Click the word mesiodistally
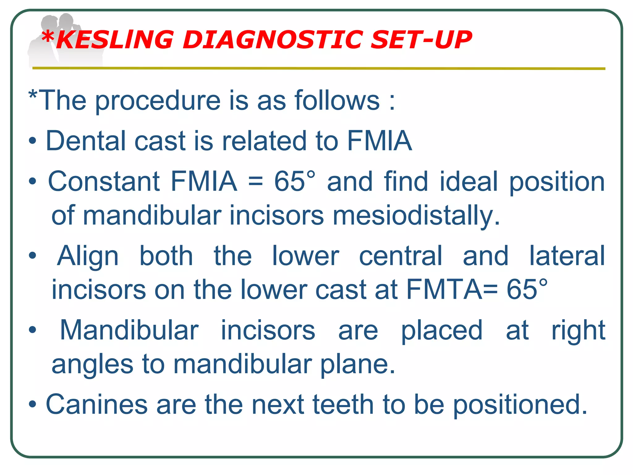click(x=416, y=215)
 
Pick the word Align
click(x=88, y=256)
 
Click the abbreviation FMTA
click(x=444, y=289)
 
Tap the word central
click(x=401, y=256)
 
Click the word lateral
click(x=567, y=256)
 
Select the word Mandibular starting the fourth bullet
click(x=129, y=330)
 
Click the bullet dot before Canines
click(x=32, y=404)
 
